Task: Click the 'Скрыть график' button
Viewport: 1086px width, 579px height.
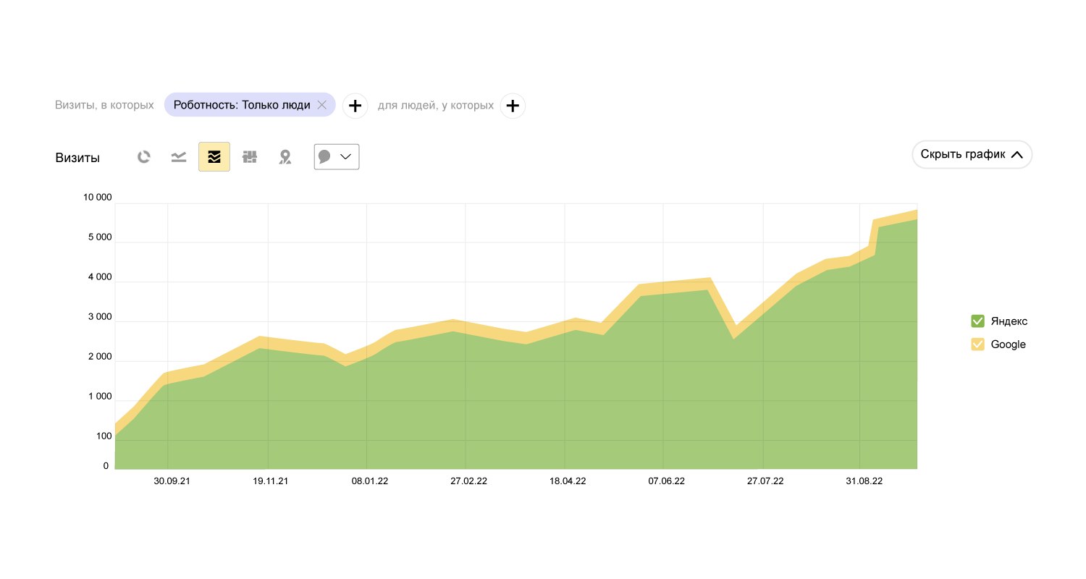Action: pos(972,154)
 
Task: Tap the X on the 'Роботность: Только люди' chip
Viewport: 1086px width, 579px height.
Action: pos(322,105)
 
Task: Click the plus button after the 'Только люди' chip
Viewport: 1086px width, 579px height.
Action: pos(355,106)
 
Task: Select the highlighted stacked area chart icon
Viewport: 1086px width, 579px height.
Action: pos(214,157)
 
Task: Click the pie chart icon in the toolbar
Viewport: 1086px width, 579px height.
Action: pos(144,157)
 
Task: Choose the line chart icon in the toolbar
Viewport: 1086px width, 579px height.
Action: pos(179,157)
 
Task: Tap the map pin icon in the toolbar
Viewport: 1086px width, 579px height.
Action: pos(285,157)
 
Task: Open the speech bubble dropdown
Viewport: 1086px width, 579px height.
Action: pos(337,157)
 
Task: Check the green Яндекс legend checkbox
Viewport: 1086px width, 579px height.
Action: pos(977,321)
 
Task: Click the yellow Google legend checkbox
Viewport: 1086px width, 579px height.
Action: pos(977,345)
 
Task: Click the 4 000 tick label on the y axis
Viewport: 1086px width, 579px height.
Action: pos(98,277)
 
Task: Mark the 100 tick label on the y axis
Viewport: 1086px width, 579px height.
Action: pos(104,436)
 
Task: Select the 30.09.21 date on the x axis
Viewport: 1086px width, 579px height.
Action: pos(172,481)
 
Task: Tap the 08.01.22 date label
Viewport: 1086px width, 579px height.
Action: pos(370,481)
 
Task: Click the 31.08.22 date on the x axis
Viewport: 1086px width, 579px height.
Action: pos(864,481)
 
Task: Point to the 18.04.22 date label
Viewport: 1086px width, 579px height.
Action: pos(568,481)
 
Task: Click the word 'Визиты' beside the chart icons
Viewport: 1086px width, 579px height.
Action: pos(77,158)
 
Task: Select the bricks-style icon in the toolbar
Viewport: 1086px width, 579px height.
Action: pos(250,157)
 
